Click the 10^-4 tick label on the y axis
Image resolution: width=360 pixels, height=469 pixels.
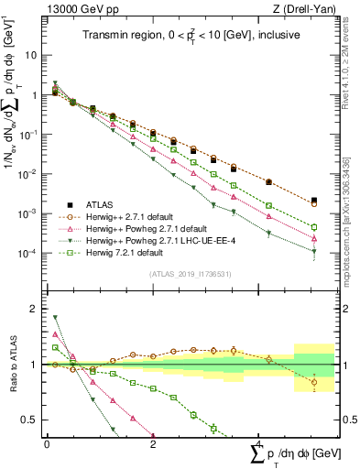click(x=27, y=254)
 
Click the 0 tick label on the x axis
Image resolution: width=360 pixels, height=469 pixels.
click(x=47, y=443)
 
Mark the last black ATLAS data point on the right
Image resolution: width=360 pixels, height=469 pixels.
click(x=314, y=200)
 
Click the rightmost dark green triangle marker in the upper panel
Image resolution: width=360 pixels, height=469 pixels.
click(x=314, y=251)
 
